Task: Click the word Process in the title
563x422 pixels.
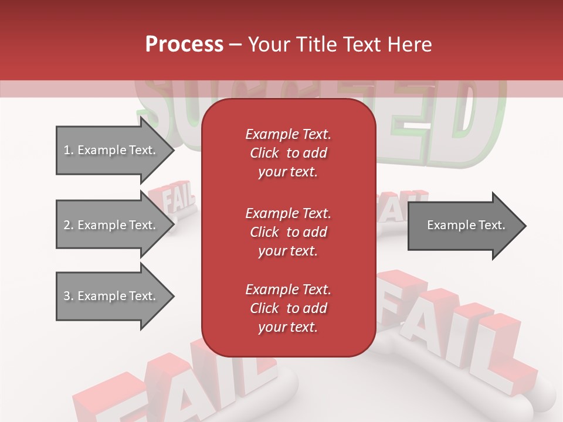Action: (184, 45)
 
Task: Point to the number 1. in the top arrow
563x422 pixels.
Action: (69, 150)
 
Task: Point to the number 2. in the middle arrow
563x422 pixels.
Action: (69, 225)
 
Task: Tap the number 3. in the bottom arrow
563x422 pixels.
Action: (69, 296)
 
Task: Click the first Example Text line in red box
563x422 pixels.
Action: (288, 134)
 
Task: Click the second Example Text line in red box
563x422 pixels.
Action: (288, 213)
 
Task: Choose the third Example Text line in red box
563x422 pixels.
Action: (288, 290)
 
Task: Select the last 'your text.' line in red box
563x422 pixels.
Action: (288, 328)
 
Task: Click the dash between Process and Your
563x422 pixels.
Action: (236, 45)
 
